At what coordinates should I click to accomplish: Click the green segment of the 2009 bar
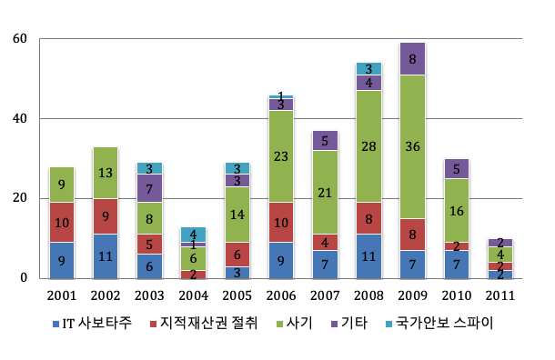point(412,146)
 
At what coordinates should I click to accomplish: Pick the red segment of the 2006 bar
point(280,222)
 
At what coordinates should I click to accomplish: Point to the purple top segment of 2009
point(412,58)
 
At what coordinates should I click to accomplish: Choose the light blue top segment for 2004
point(193,234)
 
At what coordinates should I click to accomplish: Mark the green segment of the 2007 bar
point(324,192)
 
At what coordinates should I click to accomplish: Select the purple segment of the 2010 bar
point(456,168)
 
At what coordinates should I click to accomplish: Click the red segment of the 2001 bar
point(61,222)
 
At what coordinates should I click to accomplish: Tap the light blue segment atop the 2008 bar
point(368,68)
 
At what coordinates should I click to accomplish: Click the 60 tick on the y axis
point(20,39)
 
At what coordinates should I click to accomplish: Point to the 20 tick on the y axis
point(20,198)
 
